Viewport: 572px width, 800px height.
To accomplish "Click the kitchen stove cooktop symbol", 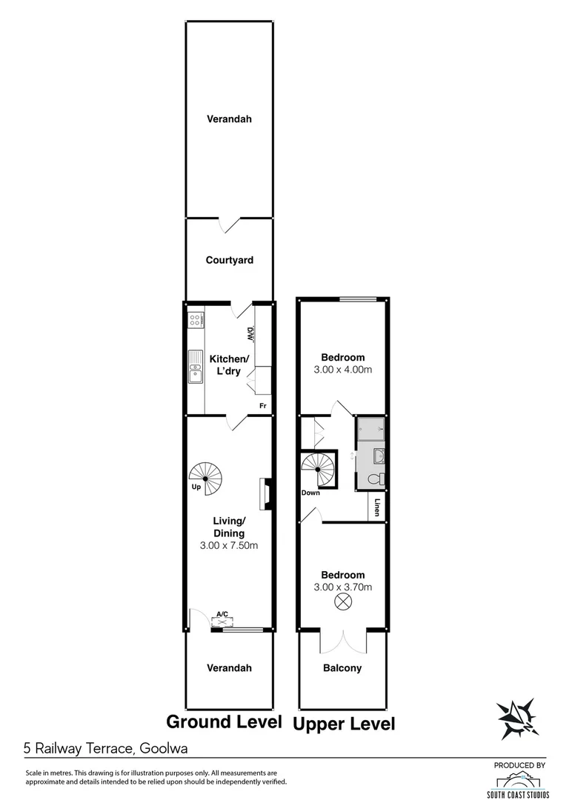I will (196, 321).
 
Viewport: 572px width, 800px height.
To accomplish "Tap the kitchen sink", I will (196, 367).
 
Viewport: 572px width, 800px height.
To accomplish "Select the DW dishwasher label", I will (251, 335).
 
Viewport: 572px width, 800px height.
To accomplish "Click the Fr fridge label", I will (262, 406).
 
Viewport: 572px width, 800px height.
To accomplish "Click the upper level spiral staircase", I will (319, 470).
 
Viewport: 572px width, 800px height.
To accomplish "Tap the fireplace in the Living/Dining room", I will (264, 495).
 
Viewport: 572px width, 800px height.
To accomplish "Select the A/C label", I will (222, 613).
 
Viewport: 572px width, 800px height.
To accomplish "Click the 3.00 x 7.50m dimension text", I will (229, 546).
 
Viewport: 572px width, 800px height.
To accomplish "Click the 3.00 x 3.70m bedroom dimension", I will (342, 587).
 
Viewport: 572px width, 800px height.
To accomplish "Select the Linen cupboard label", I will (377, 508).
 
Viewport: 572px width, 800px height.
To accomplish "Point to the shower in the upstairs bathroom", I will (370, 427).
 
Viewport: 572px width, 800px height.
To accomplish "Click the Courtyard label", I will (230, 260).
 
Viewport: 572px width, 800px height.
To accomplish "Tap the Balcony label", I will (342, 668).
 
